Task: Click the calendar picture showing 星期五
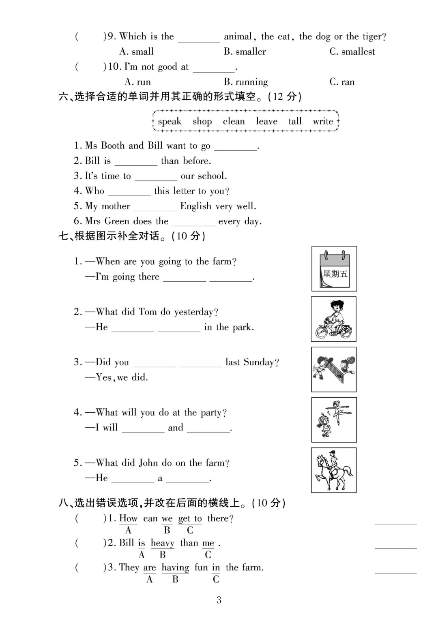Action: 334,269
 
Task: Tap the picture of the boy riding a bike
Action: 334,319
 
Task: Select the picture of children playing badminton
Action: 334,369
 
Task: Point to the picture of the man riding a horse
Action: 334,470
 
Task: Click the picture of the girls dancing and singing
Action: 334,420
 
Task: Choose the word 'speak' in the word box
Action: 170,121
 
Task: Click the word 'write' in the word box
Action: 323,121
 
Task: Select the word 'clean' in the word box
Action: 234,121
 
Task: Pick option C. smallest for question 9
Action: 352,51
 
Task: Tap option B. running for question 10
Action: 246,82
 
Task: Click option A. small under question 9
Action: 137,51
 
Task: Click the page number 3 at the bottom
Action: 219,600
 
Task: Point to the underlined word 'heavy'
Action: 162,543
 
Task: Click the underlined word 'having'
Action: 175,568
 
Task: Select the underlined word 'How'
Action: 128,518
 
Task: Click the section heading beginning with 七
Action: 132,236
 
